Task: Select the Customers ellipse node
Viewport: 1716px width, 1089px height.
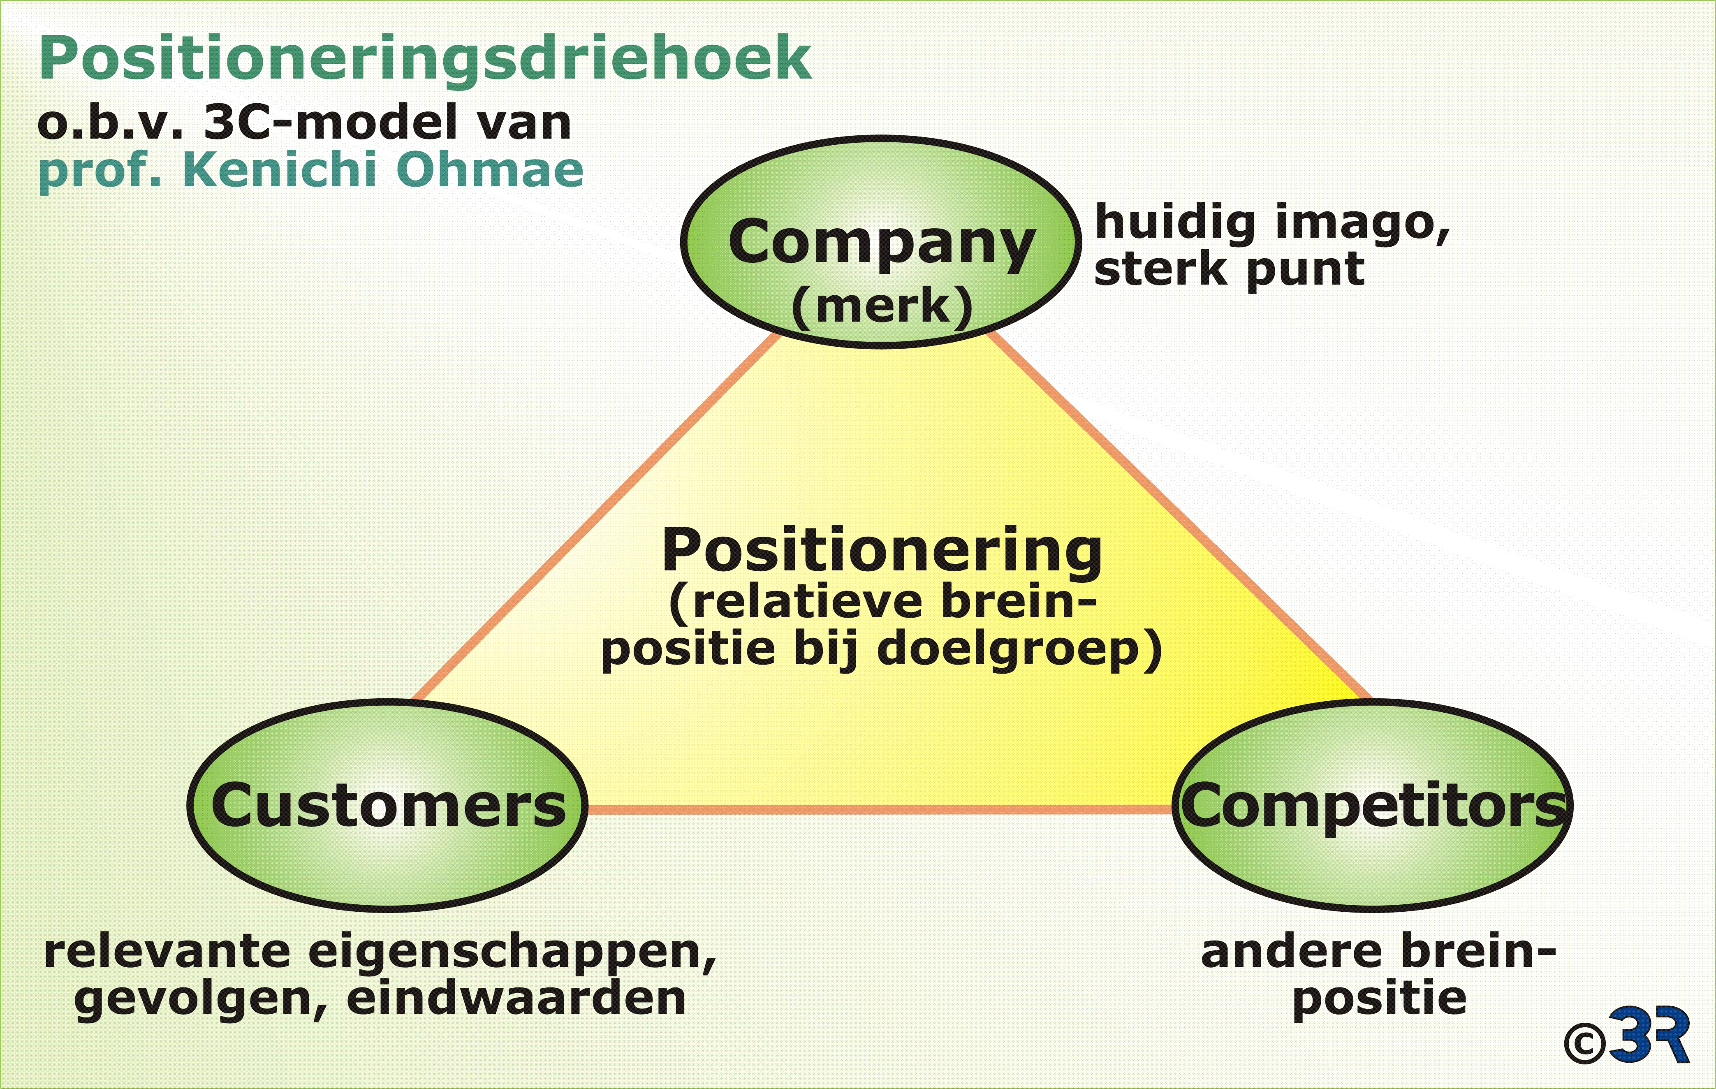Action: click(388, 805)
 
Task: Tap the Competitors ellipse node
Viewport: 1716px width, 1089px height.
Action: click(1373, 805)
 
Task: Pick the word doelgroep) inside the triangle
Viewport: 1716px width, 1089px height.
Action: click(1019, 650)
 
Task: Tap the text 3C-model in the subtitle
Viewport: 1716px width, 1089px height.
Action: click(388, 123)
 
